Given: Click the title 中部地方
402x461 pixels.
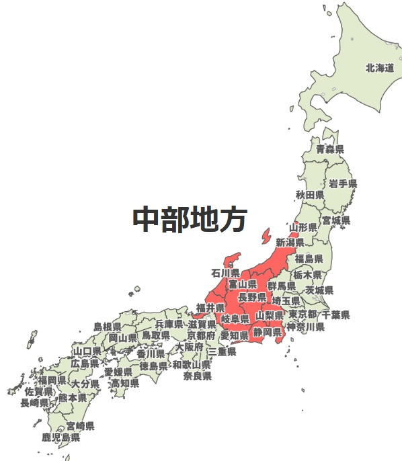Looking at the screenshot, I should point(190,219).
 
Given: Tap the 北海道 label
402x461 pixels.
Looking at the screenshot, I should point(379,68).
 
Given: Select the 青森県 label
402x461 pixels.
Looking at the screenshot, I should point(330,149).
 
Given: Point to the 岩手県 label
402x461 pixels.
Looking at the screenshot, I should point(343,183).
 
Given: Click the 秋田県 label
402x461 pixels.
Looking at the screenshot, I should point(310,195).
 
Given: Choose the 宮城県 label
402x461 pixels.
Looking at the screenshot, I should point(335,220).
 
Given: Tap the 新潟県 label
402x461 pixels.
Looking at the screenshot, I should point(290,242).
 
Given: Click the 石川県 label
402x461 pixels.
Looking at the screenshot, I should point(225,274).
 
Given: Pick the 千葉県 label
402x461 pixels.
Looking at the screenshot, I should point(335,315).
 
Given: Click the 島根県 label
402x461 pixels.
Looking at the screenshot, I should point(108,327).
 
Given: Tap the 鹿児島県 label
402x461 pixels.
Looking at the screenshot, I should point(61,437).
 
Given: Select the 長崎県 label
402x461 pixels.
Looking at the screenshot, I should point(34,403).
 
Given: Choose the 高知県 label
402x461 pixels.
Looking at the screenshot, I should point(125,383).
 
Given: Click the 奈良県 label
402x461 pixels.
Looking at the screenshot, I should point(197,376).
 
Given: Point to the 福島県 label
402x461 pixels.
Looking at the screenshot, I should point(309,259).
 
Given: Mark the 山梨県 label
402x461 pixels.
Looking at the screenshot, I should point(270,315).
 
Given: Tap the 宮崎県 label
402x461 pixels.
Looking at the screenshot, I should point(80,426).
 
